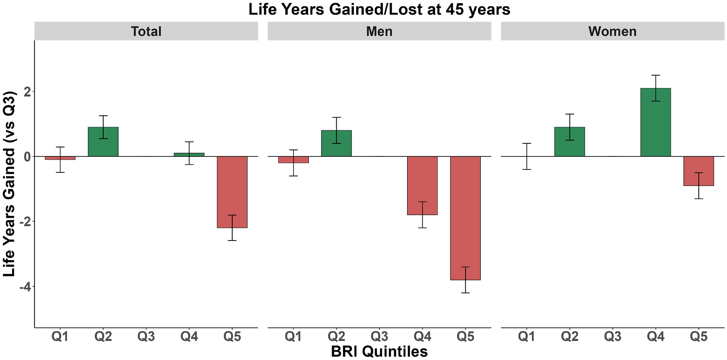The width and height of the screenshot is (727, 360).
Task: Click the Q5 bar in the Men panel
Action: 465,218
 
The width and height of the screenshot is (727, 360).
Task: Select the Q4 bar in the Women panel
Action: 655,122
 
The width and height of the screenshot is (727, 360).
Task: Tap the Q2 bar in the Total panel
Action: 103,142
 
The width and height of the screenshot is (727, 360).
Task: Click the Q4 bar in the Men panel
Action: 422,186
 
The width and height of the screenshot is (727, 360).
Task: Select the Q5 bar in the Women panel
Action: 699,171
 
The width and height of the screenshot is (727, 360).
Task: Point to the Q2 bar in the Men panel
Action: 336,143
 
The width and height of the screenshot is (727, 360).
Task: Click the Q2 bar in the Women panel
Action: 569,142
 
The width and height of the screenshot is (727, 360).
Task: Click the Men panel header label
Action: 379,31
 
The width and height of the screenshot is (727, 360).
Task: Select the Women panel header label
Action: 612,31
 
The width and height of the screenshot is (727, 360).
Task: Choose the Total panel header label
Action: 146,31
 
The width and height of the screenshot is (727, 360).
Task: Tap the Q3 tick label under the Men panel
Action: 379,337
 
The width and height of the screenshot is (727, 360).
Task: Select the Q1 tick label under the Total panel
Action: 60,337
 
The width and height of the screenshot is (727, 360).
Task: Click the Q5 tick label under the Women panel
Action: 699,337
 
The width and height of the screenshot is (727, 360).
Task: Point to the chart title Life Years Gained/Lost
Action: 379,10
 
